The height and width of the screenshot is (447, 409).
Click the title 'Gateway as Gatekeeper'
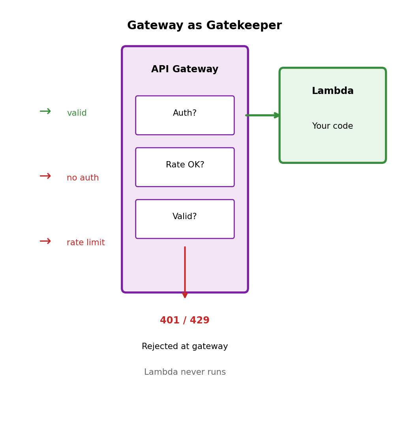[x=204, y=26]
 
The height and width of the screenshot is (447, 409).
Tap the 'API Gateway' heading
[x=185, y=69]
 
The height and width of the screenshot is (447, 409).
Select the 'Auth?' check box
[x=185, y=115]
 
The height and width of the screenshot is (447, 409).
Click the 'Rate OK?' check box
[x=185, y=167]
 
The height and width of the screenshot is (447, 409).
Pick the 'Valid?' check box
[x=185, y=219]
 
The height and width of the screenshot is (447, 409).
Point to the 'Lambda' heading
[x=332, y=91]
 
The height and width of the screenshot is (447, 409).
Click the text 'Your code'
[x=332, y=126]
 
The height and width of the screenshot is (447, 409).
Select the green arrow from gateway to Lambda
[x=263, y=115]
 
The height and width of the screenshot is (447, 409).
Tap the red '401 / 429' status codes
[x=185, y=321]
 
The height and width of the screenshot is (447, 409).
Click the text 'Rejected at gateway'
[x=185, y=347]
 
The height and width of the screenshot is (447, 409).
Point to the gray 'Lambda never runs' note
[x=185, y=372]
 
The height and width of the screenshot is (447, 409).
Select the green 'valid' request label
[x=77, y=113]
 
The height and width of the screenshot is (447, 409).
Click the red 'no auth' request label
[x=83, y=178]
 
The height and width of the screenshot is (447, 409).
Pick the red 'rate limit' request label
[x=86, y=243]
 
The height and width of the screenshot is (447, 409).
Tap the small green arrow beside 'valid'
[x=45, y=111]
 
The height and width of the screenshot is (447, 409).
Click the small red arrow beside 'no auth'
[x=45, y=176]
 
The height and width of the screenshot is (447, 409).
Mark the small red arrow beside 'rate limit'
[x=45, y=241]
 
